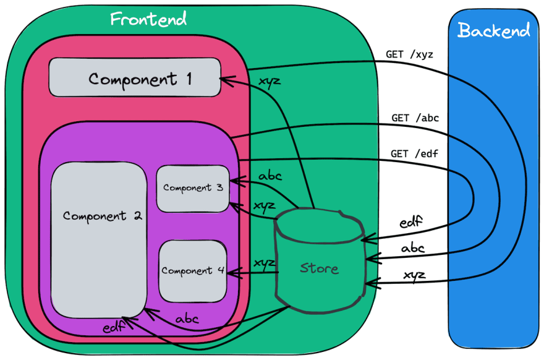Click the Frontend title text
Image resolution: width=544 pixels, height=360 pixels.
click(x=148, y=19)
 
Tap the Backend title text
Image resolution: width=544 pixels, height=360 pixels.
click(x=494, y=30)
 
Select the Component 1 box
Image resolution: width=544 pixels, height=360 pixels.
click(x=135, y=77)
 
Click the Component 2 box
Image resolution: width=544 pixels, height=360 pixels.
click(x=99, y=239)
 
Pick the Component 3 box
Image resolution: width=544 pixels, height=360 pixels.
click(x=193, y=189)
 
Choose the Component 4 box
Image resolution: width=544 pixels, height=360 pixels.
click(x=193, y=271)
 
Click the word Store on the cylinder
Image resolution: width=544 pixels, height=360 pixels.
click(x=319, y=268)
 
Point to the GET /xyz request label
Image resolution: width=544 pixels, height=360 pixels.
click(x=409, y=54)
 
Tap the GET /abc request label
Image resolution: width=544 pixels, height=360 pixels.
click(x=415, y=118)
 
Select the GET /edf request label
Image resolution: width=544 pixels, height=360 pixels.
click(x=414, y=153)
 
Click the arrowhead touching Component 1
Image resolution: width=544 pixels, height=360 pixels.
click(x=227, y=80)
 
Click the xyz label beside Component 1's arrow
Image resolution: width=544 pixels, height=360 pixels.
click(x=270, y=82)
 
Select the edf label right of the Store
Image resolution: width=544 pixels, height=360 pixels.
click(x=411, y=221)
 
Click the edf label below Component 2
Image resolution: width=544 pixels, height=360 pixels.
click(x=114, y=327)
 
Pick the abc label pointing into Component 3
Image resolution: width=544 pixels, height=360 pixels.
click(x=270, y=176)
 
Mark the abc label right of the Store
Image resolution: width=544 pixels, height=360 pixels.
click(x=413, y=247)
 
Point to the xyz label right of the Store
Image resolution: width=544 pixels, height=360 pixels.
click(x=415, y=275)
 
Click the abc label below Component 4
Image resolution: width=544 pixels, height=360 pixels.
click(x=187, y=319)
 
